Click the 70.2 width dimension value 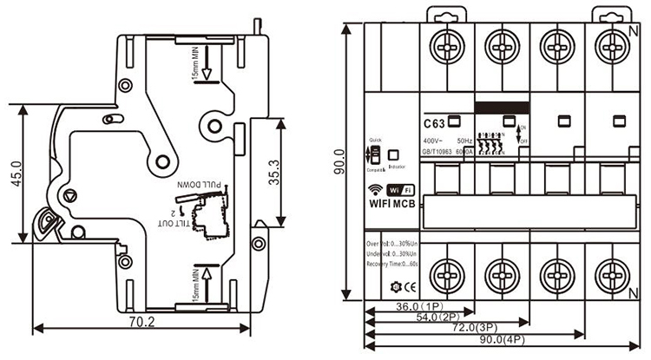pos(140,322)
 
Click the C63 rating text pos(434,122)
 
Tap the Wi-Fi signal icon pos(376,190)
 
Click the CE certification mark pos(406,286)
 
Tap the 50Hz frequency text pos(464,140)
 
